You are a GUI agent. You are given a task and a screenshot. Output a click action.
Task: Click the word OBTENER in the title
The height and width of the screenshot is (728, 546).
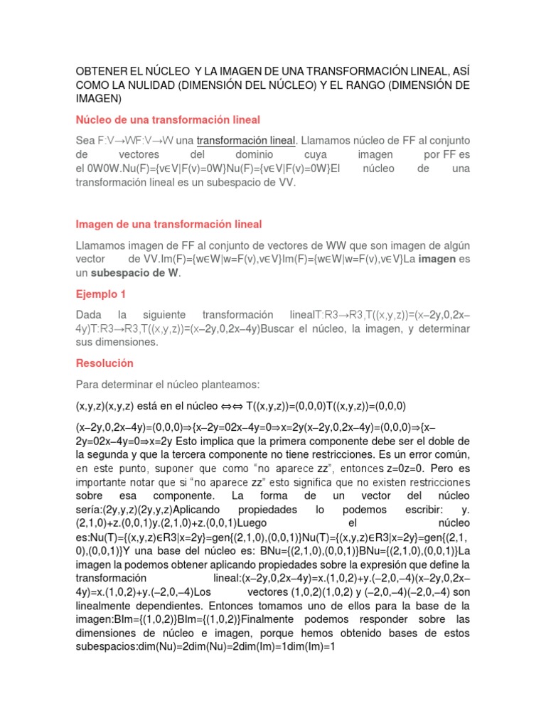101,72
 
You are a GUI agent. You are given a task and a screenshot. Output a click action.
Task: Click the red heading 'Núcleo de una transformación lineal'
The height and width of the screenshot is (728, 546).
168,119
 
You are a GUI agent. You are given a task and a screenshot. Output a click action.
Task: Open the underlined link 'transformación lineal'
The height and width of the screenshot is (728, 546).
245,140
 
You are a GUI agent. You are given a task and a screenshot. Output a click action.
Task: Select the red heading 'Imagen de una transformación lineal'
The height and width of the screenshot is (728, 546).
169,224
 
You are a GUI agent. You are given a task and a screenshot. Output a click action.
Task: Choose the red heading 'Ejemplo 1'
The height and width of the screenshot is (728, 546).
101,294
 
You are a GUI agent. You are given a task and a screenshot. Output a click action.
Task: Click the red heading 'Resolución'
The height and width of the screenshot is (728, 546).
105,363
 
